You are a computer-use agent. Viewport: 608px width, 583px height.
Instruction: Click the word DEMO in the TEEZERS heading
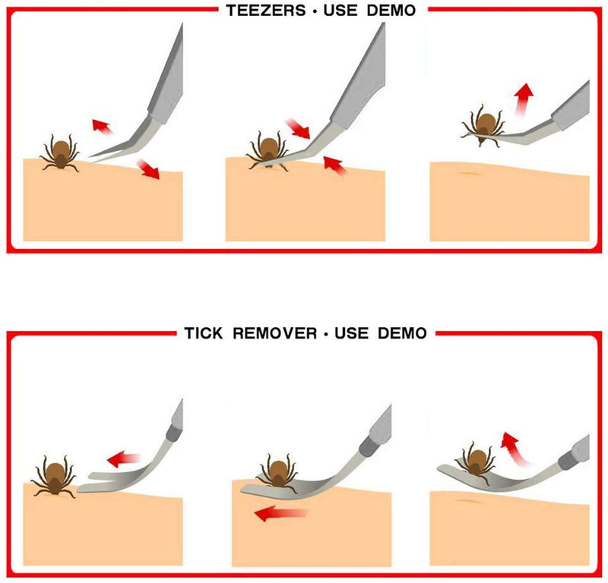(x=388, y=11)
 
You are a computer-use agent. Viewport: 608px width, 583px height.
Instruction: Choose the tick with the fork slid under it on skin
(x=275, y=471)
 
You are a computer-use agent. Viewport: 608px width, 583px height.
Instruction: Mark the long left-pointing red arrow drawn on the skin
(x=281, y=515)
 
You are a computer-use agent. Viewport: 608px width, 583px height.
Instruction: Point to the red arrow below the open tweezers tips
(x=148, y=169)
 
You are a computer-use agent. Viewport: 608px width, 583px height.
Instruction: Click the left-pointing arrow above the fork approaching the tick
(x=124, y=459)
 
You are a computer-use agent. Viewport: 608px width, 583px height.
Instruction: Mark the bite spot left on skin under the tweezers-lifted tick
(x=471, y=174)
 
